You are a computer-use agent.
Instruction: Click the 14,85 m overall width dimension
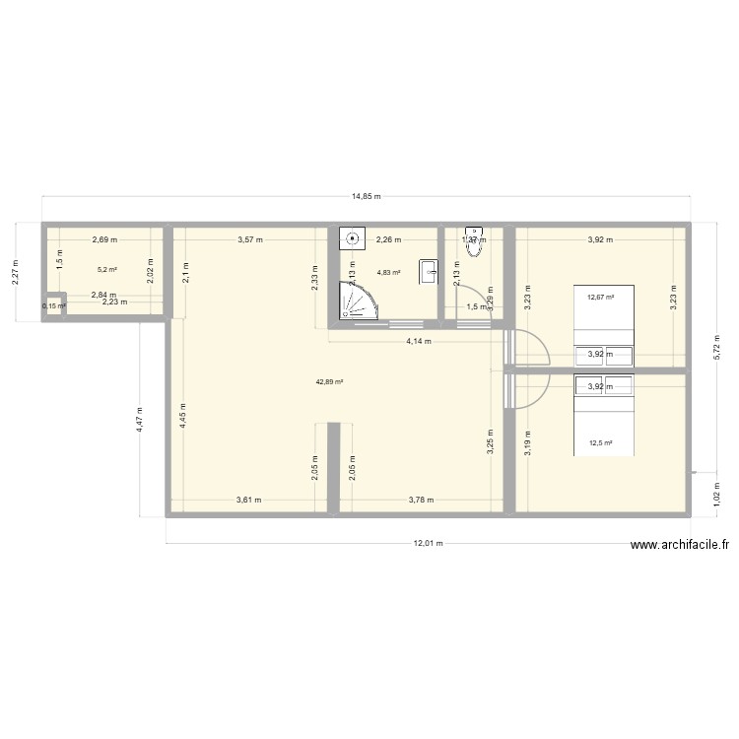click(x=367, y=196)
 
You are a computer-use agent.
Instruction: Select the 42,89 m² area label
click(x=329, y=381)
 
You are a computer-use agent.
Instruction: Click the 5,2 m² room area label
click(x=106, y=269)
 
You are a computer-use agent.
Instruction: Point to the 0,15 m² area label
click(x=54, y=306)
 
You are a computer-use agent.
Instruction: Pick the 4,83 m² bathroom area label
click(x=389, y=272)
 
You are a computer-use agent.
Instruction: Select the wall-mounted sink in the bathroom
click(x=428, y=270)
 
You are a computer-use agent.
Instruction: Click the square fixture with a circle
click(x=353, y=238)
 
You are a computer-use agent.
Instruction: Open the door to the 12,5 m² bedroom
click(x=527, y=391)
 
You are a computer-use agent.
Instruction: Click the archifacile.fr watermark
click(x=681, y=545)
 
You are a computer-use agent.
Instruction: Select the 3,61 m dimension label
click(x=248, y=500)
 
